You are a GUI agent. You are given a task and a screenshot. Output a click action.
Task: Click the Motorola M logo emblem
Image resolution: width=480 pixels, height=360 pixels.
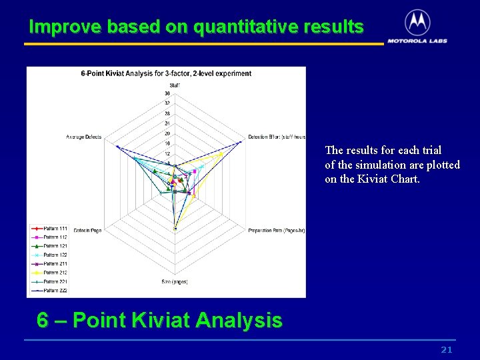tap(417, 23)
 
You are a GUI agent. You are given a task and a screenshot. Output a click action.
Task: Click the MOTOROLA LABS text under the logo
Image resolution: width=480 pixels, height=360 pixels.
tap(417, 41)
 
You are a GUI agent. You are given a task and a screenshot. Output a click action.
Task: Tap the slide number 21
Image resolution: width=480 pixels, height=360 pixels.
tap(447, 350)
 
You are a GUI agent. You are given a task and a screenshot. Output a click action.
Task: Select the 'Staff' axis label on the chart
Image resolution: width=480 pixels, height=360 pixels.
tap(174, 85)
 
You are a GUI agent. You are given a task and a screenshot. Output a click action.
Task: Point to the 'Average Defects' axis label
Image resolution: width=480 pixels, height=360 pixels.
tap(84, 137)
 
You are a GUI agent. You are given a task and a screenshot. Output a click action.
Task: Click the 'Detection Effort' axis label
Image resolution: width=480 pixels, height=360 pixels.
tap(276, 137)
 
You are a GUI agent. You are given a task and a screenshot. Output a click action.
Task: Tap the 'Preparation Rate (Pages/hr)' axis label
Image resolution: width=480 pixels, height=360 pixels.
tap(276, 231)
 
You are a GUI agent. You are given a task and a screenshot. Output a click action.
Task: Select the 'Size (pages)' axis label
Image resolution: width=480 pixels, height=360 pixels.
tap(175, 282)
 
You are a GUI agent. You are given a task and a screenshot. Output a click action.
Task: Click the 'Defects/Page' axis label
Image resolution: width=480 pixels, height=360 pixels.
tap(87, 231)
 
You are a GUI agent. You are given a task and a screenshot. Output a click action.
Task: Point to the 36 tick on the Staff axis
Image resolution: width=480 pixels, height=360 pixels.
tap(167, 93)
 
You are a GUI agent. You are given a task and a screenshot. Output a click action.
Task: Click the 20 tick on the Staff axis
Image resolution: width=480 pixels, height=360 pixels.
tap(167, 133)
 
